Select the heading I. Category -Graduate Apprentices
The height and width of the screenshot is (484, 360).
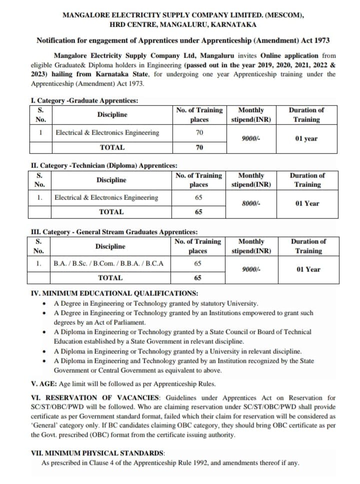(84, 100)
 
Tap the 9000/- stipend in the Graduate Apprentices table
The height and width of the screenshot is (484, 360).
(249, 138)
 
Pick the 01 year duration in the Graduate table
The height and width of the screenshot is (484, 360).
(306, 138)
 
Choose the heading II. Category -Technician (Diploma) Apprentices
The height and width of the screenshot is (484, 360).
(103, 166)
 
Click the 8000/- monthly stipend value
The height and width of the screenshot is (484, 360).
(250, 204)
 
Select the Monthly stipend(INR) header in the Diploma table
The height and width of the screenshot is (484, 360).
(251, 180)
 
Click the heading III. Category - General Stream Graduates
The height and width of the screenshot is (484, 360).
(114, 232)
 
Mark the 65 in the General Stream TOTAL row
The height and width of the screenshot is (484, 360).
(197, 278)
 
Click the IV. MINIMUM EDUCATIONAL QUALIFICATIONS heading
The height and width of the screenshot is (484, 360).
(114, 293)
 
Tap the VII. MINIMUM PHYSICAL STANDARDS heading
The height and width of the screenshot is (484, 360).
(97, 454)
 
